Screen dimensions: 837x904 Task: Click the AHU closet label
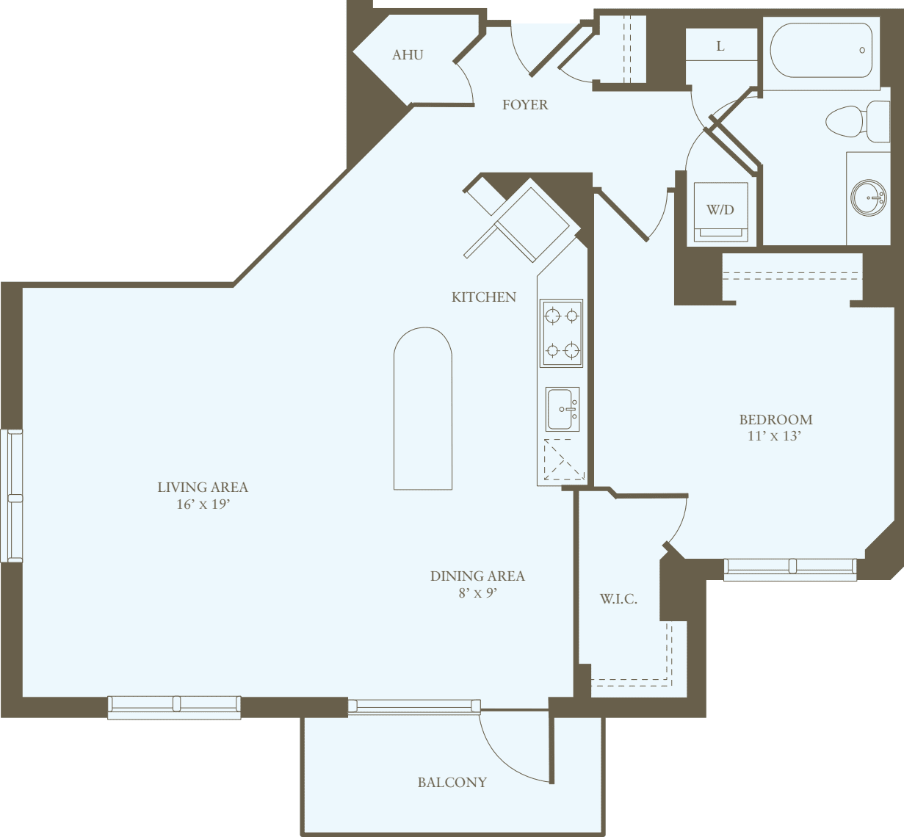[408, 55]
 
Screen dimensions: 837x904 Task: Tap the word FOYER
[524, 105]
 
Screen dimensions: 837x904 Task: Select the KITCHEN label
[483, 297]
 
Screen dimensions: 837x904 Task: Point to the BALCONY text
[452, 783]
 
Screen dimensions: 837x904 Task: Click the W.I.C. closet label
[618, 599]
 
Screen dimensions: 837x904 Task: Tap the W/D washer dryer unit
[720, 211]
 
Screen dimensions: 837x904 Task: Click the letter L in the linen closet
[720, 46]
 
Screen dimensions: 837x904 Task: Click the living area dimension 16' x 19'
[203, 504]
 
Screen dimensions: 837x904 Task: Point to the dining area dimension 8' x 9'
[477, 593]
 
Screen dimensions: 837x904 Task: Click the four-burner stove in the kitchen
[562, 333]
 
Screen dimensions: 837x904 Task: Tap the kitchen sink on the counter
[563, 409]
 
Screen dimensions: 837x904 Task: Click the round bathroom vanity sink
[869, 198]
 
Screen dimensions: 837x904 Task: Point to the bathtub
[820, 51]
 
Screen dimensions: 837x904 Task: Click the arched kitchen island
[423, 408]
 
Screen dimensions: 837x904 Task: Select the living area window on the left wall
[12, 496]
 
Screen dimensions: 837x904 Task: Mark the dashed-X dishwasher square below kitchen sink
[563, 460]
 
